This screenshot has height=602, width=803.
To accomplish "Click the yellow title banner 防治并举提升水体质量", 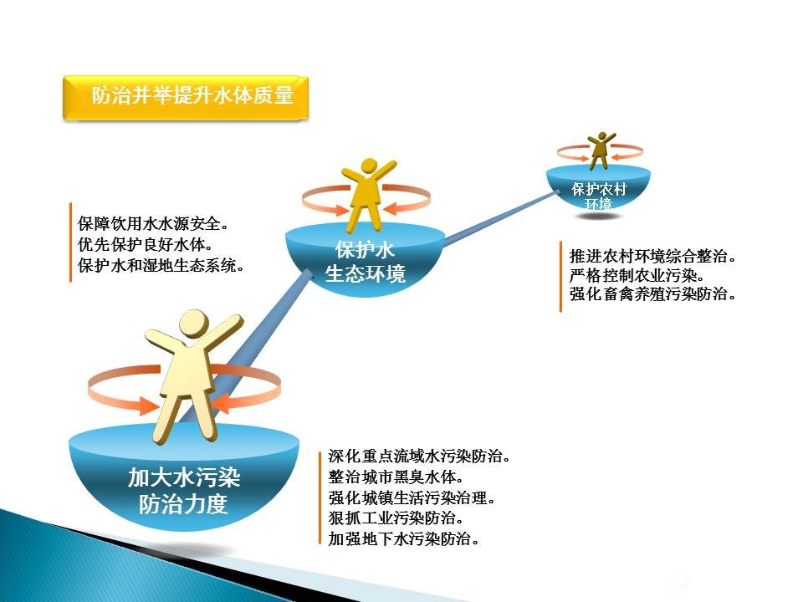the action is click(186, 98).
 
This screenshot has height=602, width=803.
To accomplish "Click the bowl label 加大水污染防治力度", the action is click(183, 491).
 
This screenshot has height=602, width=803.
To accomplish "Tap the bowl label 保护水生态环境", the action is click(366, 262).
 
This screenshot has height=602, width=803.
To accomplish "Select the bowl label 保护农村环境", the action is click(599, 196).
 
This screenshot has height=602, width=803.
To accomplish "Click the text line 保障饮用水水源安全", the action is click(152, 224).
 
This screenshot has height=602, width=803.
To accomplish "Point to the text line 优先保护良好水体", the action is click(145, 245).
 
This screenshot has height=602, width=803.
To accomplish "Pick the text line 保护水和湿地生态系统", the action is click(161, 265).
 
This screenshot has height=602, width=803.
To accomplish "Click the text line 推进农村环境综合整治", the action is click(652, 256).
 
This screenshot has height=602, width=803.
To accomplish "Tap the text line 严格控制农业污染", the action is click(637, 275).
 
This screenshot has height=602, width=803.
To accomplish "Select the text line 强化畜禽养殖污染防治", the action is click(652, 294).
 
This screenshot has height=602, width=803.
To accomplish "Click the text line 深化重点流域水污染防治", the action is click(419, 457).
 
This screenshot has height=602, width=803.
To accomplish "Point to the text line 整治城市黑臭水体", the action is click(396, 477).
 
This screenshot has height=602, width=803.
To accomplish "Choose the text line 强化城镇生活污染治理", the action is click(412, 497).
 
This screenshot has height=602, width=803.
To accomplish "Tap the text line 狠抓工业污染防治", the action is click(396, 518).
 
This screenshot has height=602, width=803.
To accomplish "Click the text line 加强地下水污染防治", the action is click(403, 538).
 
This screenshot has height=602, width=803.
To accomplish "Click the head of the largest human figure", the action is click(193, 324).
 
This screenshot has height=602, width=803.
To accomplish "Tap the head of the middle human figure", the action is click(369, 166).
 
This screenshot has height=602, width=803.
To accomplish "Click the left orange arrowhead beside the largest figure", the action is click(149, 406).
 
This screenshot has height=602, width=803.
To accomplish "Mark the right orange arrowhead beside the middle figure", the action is click(391, 208).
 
